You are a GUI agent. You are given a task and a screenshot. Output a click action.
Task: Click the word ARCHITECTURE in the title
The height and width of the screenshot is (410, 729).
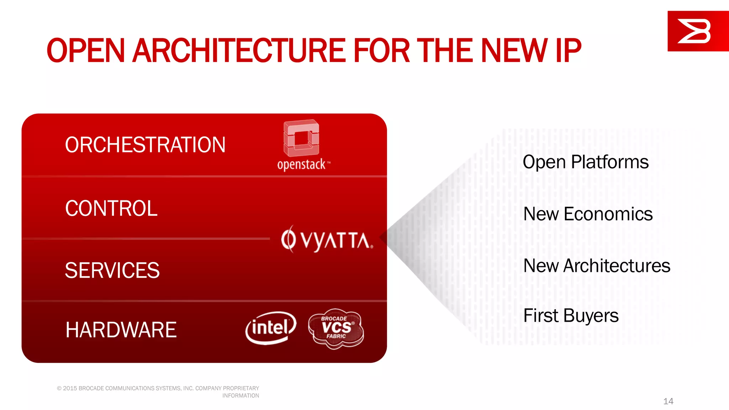[238, 51]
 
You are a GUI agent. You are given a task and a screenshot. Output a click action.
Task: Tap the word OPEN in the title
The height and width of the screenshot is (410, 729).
[85, 51]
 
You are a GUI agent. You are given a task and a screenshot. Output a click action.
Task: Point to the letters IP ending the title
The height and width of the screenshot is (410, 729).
[567, 51]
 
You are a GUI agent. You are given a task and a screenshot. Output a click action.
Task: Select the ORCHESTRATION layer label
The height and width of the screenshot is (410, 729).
[145, 145]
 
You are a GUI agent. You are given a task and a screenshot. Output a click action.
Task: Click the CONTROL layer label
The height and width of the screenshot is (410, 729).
[111, 208]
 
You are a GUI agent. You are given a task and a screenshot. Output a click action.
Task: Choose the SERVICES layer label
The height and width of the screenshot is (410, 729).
[112, 270]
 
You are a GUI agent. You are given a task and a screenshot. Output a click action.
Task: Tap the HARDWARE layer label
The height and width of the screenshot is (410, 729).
[121, 330]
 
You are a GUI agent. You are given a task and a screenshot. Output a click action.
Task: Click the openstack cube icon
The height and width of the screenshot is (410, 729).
[301, 138]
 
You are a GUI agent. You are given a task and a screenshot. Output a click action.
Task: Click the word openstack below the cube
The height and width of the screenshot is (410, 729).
[301, 164]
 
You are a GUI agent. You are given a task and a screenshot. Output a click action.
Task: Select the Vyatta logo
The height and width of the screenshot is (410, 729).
[327, 240]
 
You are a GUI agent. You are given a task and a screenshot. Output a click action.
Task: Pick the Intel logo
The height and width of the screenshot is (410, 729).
[271, 328]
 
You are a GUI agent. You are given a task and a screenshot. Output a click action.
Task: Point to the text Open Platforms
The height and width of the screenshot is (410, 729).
[585, 162]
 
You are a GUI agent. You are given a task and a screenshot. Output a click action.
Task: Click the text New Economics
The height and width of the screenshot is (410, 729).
[588, 214]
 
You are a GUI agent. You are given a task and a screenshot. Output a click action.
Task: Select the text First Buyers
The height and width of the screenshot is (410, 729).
[571, 316]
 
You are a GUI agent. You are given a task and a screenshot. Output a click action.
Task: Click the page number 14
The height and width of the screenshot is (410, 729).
[668, 401]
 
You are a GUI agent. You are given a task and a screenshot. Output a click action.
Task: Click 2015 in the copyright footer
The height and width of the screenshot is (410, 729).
[70, 388]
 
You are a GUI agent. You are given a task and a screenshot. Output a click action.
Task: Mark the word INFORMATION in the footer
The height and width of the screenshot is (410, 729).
[241, 395]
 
